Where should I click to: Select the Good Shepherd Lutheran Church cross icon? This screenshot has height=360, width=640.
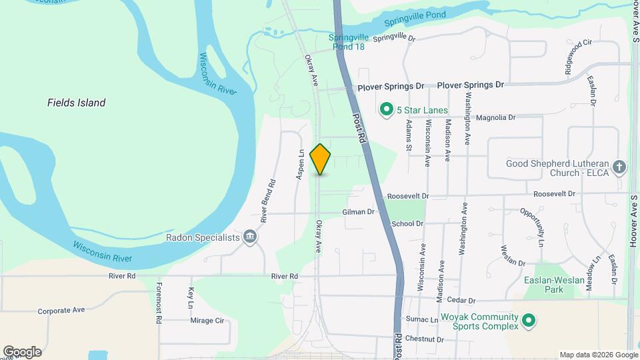[x=619, y=167]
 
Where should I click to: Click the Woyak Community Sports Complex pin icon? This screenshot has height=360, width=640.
[x=529, y=321]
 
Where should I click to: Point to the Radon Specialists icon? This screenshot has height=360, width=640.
[x=250, y=237]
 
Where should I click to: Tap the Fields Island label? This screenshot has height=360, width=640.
[x=76, y=103]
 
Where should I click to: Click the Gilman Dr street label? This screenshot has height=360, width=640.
[x=359, y=212]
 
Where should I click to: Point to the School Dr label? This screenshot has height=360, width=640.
[x=408, y=224]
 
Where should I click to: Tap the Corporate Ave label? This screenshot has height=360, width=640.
[x=61, y=311]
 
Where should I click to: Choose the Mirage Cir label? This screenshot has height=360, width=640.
[x=207, y=321]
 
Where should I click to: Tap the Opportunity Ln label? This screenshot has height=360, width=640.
[x=532, y=224]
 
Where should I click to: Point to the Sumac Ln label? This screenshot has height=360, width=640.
[x=425, y=321]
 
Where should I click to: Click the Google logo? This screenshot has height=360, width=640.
[x=22, y=352]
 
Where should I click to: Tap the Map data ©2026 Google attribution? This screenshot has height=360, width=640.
[x=597, y=355]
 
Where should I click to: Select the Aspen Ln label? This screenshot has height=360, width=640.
[x=301, y=163]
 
